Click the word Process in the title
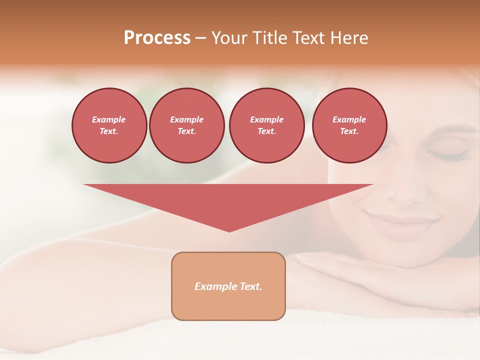(x=157, y=38)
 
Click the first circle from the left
(x=109, y=125)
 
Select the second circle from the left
(x=187, y=125)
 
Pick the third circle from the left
(x=267, y=125)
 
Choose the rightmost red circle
(x=349, y=125)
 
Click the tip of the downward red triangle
(x=229, y=231)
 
